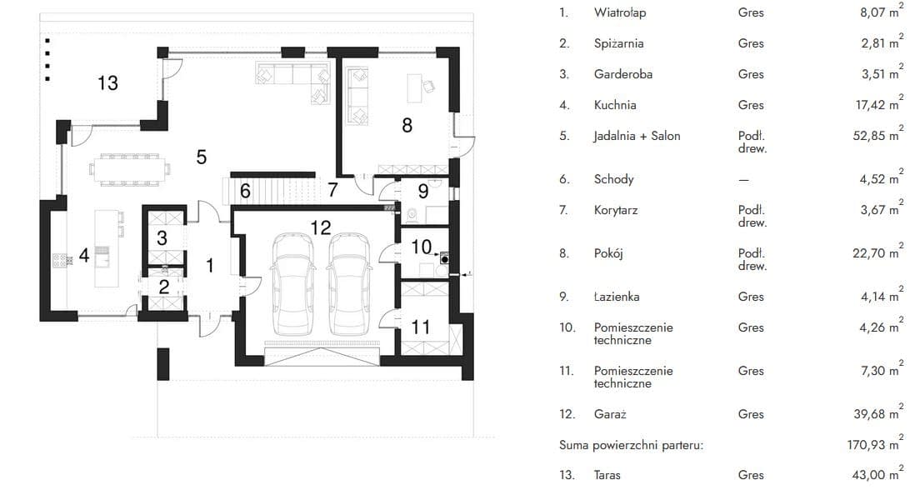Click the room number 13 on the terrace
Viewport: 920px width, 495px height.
point(108,83)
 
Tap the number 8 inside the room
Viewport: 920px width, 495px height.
point(407,125)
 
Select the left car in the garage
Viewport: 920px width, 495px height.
point(292,284)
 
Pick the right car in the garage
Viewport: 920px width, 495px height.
point(350,284)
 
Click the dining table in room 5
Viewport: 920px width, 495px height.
point(130,169)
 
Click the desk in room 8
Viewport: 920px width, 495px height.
point(415,88)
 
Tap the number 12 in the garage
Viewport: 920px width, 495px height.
point(321,227)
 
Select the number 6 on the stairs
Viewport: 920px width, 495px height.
point(245,191)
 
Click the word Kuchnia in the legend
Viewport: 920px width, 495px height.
point(615,105)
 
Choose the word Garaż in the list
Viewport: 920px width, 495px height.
point(610,414)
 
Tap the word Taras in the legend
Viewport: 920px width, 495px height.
point(607,475)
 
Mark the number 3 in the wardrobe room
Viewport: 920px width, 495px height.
point(162,237)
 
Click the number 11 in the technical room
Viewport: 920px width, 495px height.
point(421,327)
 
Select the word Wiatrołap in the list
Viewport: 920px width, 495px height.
point(620,12)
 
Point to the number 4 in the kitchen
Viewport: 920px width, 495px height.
point(84,256)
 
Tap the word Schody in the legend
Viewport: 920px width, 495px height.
point(613,179)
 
